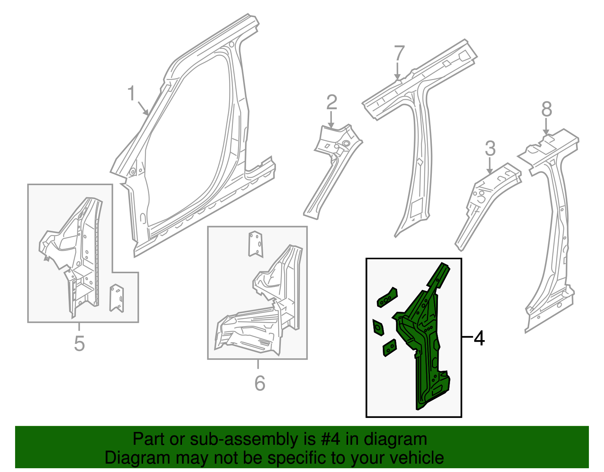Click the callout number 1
(x=131, y=93)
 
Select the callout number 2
(x=331, y=102)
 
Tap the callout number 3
(x=490, y=149)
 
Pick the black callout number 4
(x=479, y=338)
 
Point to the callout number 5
(x=79, y=344)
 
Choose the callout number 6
(x=260, y=383)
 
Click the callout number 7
(x=399, y=54)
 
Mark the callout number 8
(x=546, y=110)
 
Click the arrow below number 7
(x=398, y=72)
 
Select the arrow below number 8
(x=546, y=127)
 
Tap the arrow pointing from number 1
(x=143, y=108)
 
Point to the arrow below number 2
(x=331, y=120)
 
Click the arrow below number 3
(x=490, y=166)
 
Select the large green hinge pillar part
(x=427, y=340)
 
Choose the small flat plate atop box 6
(x=256, y=244)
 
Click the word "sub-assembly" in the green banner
(x=243, y=440)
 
